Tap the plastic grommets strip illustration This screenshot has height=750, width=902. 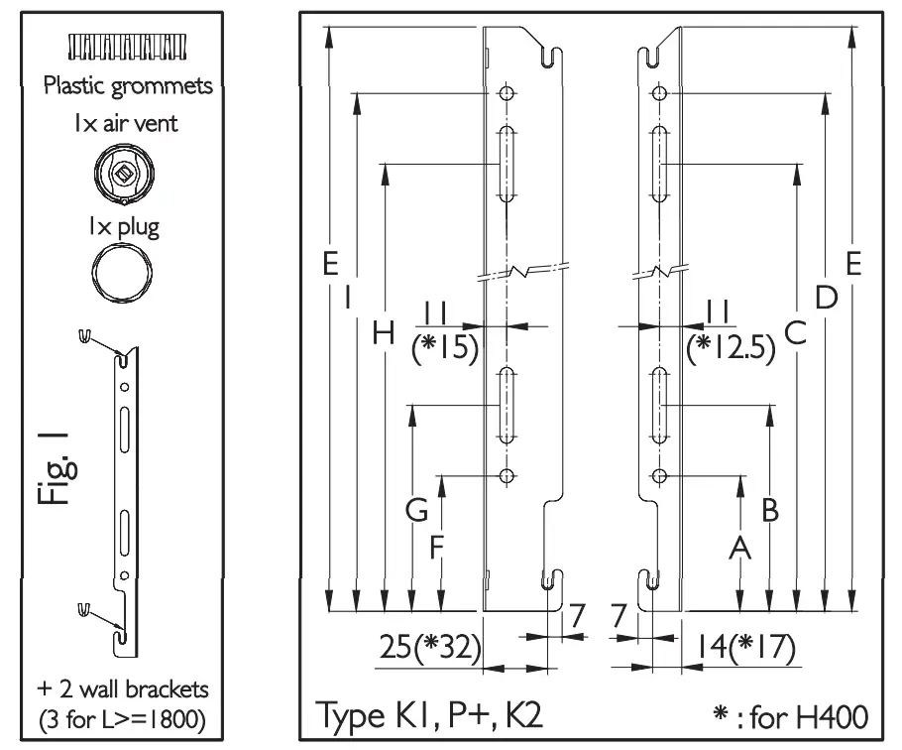(x=126, y=46)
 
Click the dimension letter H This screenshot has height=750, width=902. (x=382, y=333)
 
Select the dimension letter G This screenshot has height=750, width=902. (x=417, y=511)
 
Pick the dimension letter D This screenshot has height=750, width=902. (x=827, y=295)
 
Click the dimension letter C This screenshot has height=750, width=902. (x=795, y=333)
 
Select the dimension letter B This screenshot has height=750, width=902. (x=769, y=510)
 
